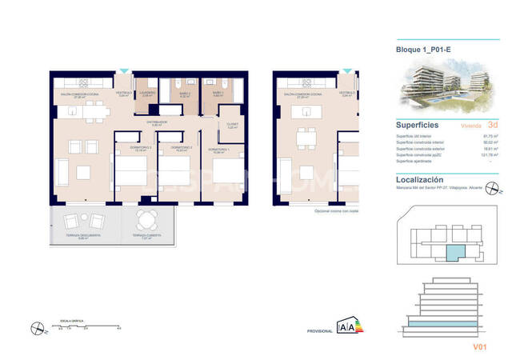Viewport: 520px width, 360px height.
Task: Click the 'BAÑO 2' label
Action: pos(183,94)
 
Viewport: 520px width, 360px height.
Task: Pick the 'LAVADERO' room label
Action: pos(146,94)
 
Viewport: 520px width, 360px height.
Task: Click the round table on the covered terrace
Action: pos(145,219)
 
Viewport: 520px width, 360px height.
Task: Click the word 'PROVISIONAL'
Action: pos(319,331)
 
